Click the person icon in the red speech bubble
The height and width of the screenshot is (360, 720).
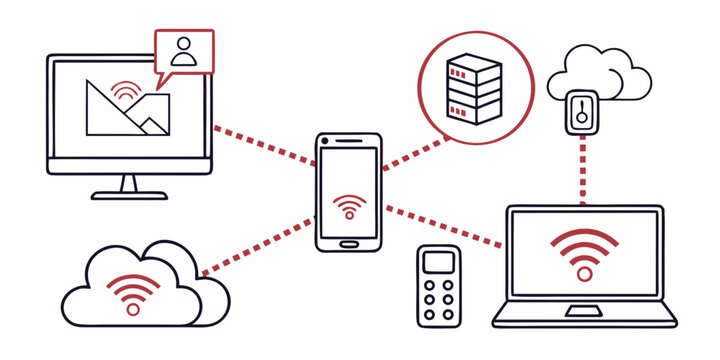click(184, 51)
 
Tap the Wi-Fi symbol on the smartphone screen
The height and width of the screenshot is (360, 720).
click(348, 207)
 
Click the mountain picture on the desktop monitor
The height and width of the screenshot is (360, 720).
click(124, 109)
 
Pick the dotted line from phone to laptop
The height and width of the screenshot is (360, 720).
click(442, 225)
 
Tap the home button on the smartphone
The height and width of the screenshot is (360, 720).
click(348, 242)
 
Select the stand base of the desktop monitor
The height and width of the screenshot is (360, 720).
click(129, 194)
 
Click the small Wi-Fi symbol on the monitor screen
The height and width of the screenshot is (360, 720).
click(126, 92)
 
